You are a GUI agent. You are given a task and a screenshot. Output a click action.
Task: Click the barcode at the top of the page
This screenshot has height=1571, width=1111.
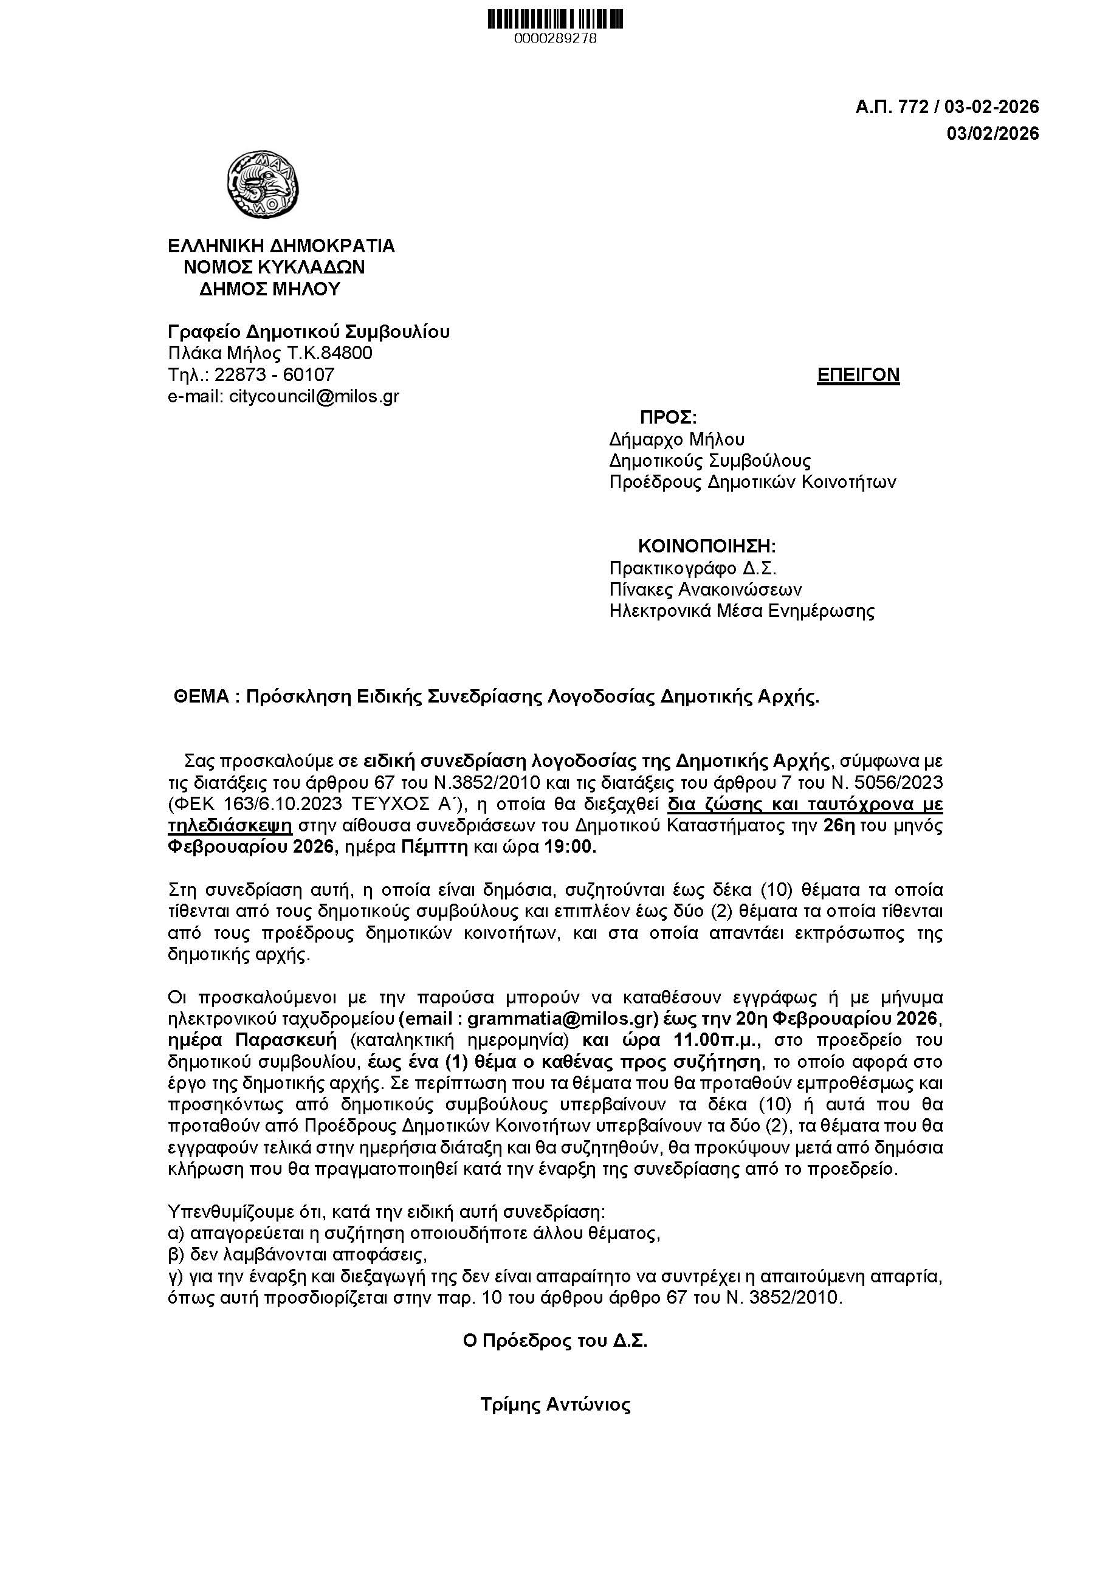pyautogui.click(x=555, y=19)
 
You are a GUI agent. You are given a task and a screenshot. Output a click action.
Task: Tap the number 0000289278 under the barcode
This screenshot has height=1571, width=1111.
pyautogui.click(x=555, y=39)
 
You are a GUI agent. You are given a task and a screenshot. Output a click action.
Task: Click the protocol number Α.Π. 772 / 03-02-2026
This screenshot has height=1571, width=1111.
pyautogui.click(x=947, y=107)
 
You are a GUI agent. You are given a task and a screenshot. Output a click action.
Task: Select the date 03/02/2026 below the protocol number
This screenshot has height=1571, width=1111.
pyautogui.click(x=992, y=134)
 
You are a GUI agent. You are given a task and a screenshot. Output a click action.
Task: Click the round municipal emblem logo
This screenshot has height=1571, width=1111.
pyautogui.click(x=263, y=184)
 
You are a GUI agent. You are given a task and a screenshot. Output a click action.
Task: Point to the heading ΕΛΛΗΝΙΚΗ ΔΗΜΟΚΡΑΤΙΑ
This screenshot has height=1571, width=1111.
pyautogui.click(x=281, y=246)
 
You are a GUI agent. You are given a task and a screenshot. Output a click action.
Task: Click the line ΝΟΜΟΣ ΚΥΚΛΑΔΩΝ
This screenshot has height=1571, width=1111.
pyautogui.click(x=273, y=267)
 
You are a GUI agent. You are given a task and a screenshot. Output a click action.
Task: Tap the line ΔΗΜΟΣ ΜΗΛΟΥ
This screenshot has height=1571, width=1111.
pyautogui.click(x=269, y=289)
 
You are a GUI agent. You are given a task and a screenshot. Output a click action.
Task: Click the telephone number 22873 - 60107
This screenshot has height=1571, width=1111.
pyautogui.click(x=274, y=375)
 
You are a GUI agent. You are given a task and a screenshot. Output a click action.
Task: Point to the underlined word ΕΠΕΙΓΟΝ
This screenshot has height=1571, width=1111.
pyautogui.click(x=858, y=375)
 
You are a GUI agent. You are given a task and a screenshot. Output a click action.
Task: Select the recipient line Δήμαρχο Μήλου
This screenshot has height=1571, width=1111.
pyautogui.click(x=676, y=439)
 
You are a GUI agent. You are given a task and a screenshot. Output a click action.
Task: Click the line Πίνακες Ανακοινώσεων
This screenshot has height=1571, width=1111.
pyautogui.click(x=706, y=589)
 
